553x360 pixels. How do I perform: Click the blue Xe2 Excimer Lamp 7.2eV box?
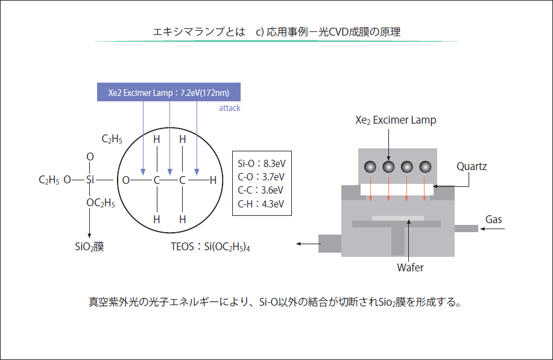click(x=169, y=92)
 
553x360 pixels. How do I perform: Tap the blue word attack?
click(x=229, y=109)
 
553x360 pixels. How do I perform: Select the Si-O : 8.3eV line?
click(x=261, y=163)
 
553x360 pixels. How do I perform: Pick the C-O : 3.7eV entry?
click(x=261, y=177)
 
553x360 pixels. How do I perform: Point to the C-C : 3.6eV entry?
click(x=261, y=190)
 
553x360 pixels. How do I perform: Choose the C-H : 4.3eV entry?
click(x=261, y=204)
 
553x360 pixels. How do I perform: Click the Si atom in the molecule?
click(x=90, y=180)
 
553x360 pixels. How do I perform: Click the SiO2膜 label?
click(x=89, y=247)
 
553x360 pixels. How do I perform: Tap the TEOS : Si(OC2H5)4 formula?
click(x=210, y=247)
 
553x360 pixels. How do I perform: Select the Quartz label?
click(x=472, y=166)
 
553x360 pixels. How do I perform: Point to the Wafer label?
click(x=410, y=267)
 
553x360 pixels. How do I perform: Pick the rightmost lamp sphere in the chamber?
click(x=426, y=166)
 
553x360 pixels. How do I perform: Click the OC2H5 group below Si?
click(x=101, y=203)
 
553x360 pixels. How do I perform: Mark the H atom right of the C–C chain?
click(x=213, y=180)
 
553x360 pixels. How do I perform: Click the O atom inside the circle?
click(x=126, y=180)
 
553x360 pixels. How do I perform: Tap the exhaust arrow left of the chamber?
click(x=307, y=244)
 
